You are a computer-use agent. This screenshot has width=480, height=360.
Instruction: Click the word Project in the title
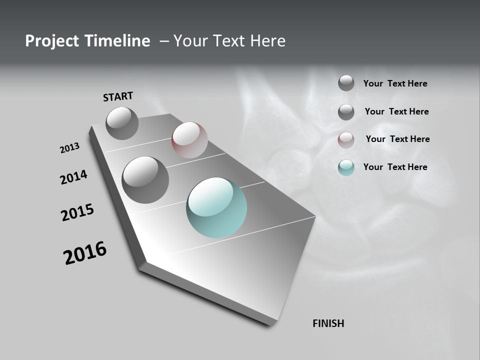click(52, 41)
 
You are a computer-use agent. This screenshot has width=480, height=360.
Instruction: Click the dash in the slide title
click(164, 41)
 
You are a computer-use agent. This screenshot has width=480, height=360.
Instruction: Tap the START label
click(118, 96)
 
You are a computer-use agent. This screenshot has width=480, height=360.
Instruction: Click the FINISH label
click(328, 323)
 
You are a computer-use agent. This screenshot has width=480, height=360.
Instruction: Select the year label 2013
click(69, 147)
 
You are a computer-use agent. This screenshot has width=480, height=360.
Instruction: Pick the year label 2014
click(73, 177)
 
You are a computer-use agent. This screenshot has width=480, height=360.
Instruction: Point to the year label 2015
click(77, 212)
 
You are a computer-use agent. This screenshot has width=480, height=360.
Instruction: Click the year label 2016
click(85, 253)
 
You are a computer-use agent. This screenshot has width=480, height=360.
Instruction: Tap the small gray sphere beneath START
click(122, 123)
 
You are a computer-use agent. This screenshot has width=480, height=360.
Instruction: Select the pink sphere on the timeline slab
click(189, 139)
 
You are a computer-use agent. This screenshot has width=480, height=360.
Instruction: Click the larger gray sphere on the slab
click(145, 179)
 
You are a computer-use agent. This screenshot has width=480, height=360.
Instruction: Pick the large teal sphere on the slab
click(216, 207)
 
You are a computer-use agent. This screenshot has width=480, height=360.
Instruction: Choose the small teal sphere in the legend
click(346, 167)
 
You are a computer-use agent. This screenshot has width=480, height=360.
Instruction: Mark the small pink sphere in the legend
click(346, 140)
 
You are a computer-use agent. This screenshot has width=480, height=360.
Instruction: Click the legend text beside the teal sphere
click(395, 167)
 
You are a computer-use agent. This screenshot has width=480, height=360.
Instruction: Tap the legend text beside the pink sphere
click(397, 139)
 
